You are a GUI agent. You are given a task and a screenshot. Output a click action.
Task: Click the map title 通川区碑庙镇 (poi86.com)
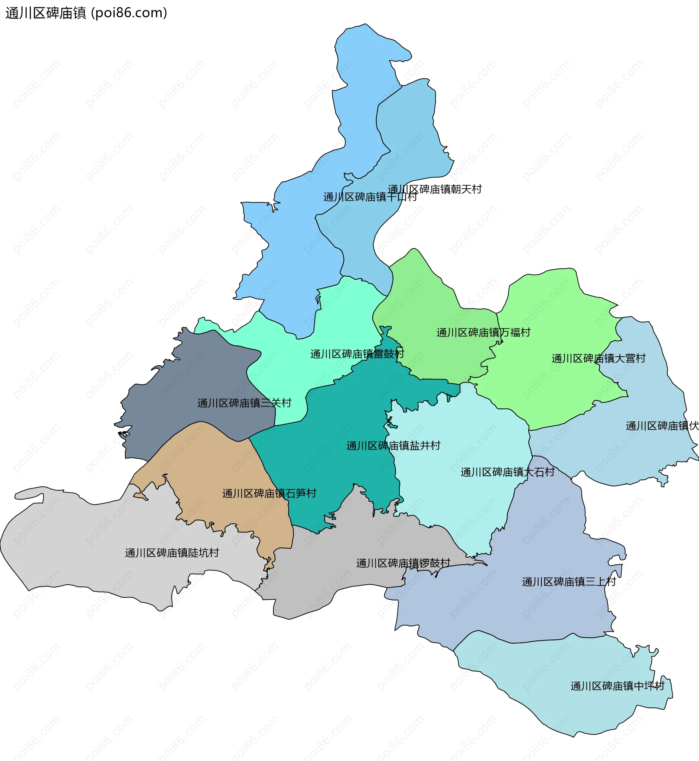[86, 13]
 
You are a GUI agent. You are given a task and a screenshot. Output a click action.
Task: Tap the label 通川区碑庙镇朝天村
[435, 189]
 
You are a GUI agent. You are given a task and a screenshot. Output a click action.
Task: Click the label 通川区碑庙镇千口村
[370, 197]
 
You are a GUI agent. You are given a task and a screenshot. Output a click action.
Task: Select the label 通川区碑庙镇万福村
[483, 332]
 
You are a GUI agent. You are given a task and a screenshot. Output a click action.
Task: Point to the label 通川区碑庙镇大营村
[599, 358]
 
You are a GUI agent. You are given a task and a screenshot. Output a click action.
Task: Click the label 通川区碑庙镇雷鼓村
[357, 354]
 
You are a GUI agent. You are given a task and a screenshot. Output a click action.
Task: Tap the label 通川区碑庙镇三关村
[244, 403]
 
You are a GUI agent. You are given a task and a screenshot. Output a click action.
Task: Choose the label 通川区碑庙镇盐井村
[394, 446]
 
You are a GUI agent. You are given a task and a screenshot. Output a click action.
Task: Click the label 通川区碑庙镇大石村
[508, 472]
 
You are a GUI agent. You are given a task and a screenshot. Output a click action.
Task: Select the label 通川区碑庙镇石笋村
[269, 493]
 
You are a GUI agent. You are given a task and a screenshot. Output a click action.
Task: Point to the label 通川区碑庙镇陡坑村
[172, 553]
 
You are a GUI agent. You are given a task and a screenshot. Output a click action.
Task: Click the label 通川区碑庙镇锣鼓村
[403, 563]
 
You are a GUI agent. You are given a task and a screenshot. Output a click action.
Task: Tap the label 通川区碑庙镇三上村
[569, 582]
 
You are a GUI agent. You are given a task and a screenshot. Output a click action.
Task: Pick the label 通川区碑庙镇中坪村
[617, 686]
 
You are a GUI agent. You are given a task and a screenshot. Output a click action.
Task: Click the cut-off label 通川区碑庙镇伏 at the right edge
[662, 426]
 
